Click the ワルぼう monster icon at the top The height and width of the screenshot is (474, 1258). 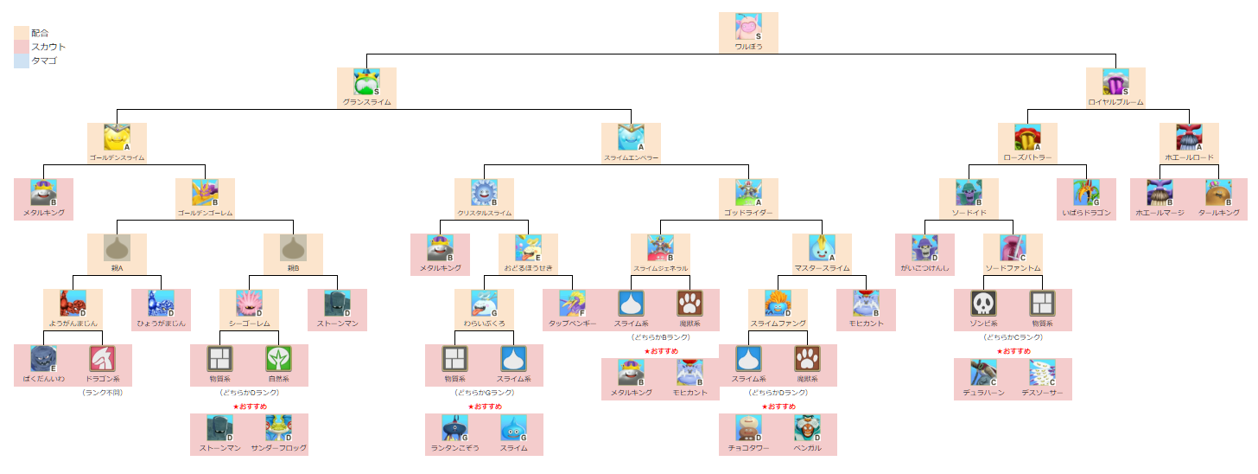[748, 27]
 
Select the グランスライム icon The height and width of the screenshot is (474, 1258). [366, 82]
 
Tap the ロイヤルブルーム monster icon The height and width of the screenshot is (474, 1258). [1115, 82]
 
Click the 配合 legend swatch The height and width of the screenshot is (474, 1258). [21, 33]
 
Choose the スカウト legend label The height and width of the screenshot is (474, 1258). [48, 47]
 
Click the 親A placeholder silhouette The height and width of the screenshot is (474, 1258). [117, 248]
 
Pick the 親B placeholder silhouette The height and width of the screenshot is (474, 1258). [293, 248]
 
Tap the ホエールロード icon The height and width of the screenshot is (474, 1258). [1189, 138]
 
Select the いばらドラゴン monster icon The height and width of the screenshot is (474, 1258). [1086, 193]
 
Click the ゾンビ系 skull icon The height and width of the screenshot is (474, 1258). [983, 304]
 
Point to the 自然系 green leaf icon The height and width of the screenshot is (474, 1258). [278, 359]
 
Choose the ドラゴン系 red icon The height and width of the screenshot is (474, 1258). [102, 359]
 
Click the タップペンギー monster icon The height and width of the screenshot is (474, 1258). [572, 304]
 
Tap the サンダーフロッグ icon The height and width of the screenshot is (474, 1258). [278, 428]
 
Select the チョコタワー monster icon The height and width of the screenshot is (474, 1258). [748, 428]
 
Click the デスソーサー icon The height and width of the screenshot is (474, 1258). [1042, 373]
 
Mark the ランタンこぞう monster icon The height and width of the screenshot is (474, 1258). [454, 428]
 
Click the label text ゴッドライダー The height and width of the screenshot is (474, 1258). [748, 212]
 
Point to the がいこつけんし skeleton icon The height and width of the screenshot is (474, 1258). [924, 248]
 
